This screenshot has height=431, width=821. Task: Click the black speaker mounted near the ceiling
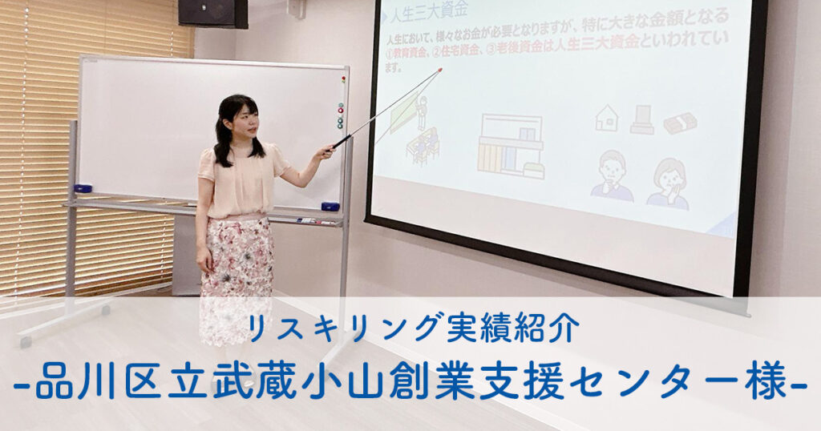tap(212, 13)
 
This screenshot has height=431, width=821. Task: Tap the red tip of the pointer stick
tap(439, 70)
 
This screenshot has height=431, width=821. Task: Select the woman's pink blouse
tap(242, 181)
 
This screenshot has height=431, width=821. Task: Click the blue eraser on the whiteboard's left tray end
tap(83, 188)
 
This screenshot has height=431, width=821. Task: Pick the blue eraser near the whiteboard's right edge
tap(330, 206)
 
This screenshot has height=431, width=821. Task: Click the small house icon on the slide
tap(607, 118)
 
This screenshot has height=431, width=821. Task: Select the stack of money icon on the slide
tap(680, 123)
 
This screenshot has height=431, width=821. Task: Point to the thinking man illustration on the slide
tap(612, 176)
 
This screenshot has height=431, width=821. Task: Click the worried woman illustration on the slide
tap(668, 184)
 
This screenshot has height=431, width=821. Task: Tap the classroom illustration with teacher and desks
tap(416, 129)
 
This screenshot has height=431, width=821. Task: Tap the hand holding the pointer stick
tap(325, 152)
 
